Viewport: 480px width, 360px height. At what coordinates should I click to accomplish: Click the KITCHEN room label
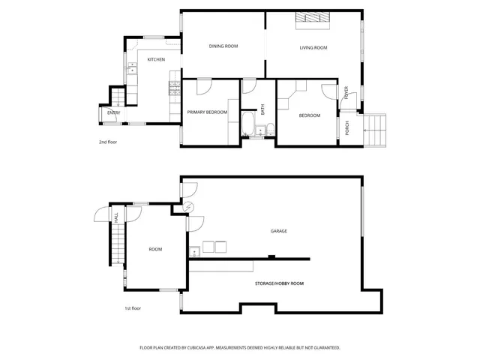pos(156,60)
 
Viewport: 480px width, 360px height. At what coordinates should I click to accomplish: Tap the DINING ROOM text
pos(223,46)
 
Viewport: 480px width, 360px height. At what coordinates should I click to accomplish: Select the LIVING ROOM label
pos(313,48)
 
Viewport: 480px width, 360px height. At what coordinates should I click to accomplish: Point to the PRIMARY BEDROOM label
pos(207,112)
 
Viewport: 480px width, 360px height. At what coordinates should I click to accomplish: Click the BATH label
pos(263,109)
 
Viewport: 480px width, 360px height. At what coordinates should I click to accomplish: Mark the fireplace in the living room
pos(312,19)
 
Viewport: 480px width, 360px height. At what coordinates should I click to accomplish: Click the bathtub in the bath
pos(248,123)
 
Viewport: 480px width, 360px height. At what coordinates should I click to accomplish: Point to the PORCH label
pos(347,127)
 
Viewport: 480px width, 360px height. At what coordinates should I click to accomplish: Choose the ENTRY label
pos(113,112)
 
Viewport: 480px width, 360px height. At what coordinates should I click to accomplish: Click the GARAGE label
pos(279,231)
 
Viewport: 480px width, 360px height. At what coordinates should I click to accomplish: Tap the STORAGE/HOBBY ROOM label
pos(279,283)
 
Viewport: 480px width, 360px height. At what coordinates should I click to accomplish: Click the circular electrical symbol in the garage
pos(189,208)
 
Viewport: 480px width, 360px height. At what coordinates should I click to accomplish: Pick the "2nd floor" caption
pos(109,142)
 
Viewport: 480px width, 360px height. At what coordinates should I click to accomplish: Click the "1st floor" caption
pos(133,308)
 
